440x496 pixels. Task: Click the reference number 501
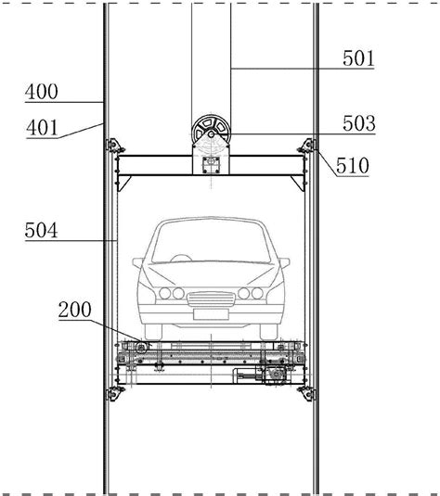coord(358,58)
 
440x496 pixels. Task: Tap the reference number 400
coord(42,92)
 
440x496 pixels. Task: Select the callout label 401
coord(42,128)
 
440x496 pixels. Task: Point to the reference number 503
coord(359,123)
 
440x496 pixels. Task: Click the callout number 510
coord(353,165)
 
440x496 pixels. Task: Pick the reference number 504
coord(41,230)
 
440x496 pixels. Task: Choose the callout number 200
coord(75,310)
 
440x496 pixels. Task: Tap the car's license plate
coord(211,314)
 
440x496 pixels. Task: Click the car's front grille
coord(211,299)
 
